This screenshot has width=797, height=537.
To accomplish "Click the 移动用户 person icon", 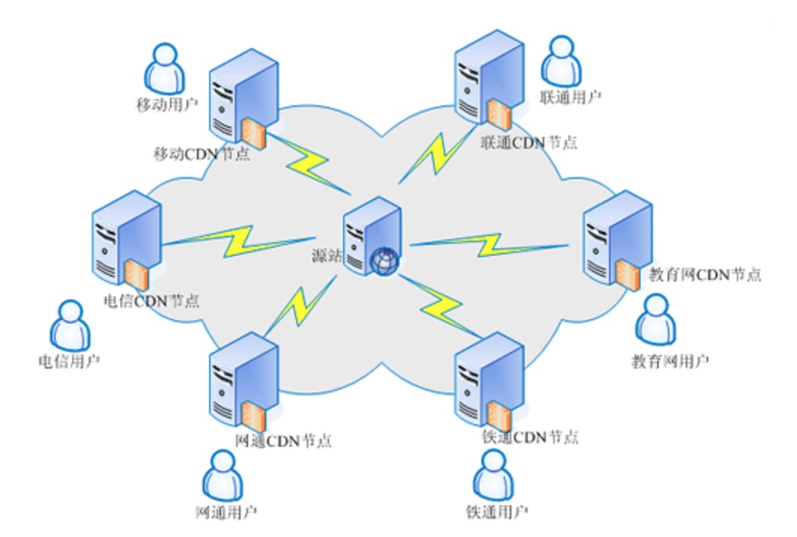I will (x=164, y=67).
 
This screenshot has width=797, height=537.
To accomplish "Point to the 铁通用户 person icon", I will (x=492, y=474).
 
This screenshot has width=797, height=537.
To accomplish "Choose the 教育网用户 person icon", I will (x=656, y=319).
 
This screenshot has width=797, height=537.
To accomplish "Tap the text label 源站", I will (x=327, y=256).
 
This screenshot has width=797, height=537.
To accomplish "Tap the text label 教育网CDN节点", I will (x=705, y=275).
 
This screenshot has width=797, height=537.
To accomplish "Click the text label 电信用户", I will (x=68, y=363).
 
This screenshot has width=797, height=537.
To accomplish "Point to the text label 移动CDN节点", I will (x=202, y=154).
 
